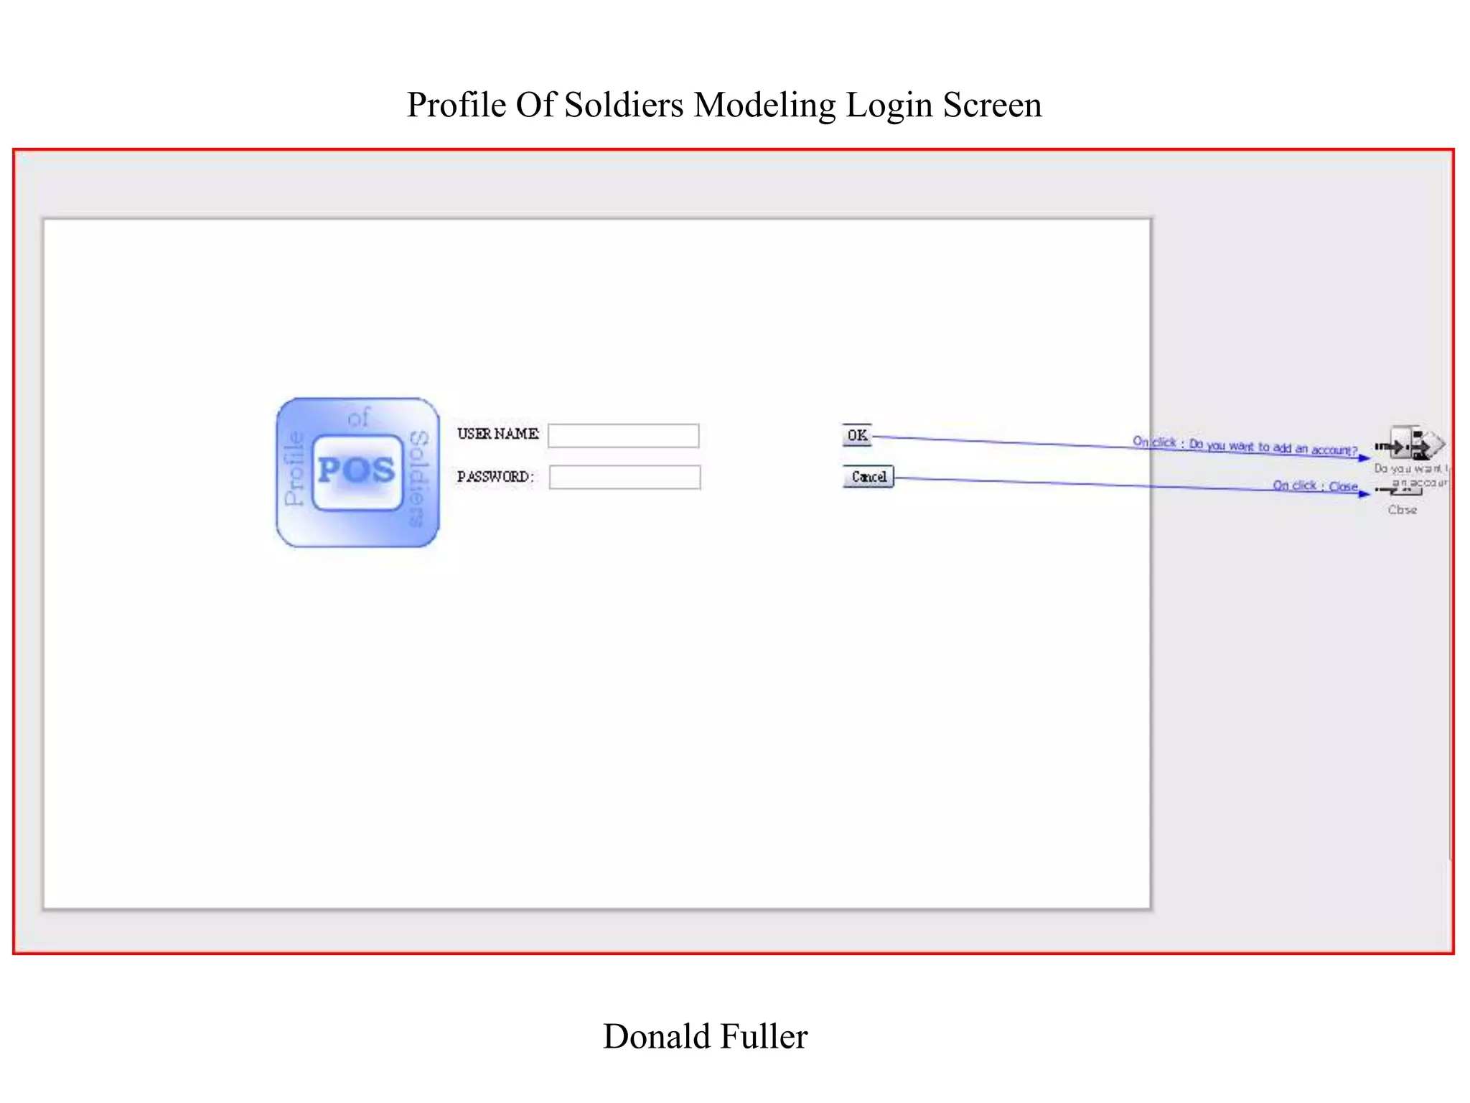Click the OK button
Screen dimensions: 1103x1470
(857, 435)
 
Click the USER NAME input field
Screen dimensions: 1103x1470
(623, 436)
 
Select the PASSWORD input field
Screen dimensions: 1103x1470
(624, 478)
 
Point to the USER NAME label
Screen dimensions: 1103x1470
(497, 434)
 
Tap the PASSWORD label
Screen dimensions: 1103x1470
(495, 476)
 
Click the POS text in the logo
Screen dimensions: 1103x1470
(357, 471)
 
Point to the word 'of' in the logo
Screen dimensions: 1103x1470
(358, 417)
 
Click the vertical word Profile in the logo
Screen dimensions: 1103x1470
(294, 468)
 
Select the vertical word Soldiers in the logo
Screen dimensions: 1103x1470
(418, 478)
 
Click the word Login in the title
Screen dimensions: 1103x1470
(889, 105)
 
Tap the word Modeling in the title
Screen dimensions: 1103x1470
(764, 105)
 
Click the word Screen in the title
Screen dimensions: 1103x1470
(992, 105)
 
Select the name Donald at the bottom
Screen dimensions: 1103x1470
(657, 1036)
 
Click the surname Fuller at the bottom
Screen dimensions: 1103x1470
(764, 1036)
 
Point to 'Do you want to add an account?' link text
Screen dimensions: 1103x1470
(1273, 447)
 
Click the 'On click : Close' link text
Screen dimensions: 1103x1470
(1315, 486)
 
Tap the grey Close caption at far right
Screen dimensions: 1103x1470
(1402, 510)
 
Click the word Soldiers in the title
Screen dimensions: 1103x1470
(624, 105)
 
